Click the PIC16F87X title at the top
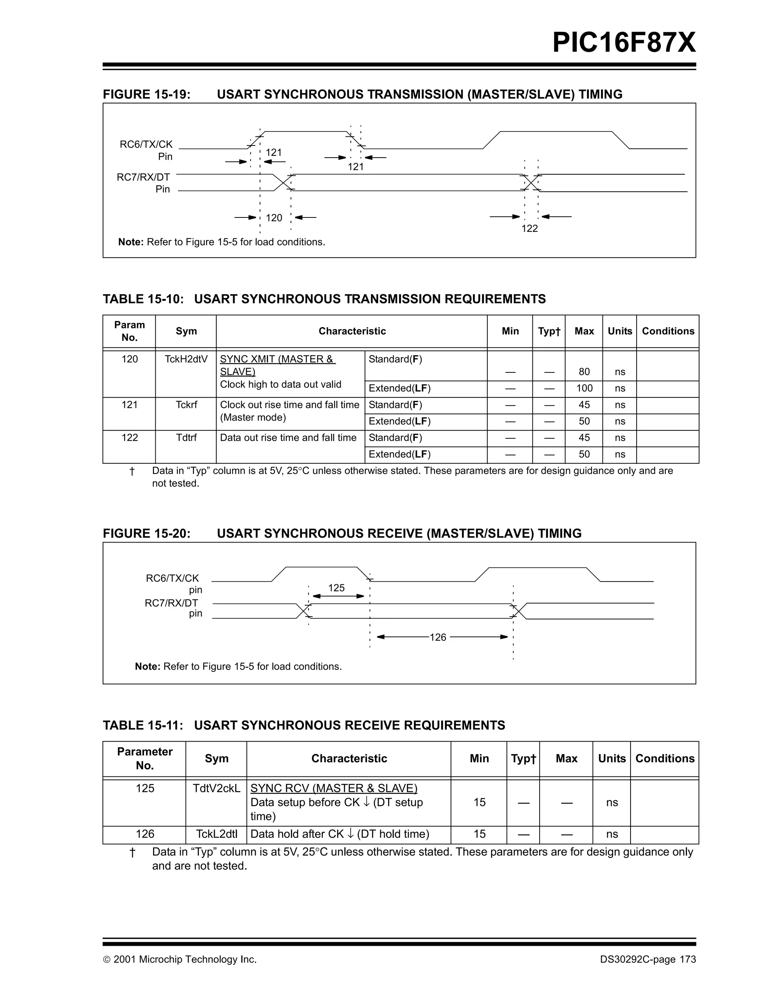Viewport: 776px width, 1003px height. click(624, 43)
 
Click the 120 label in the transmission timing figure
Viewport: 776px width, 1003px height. click(274, 217)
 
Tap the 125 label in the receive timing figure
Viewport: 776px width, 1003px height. click(336, 588)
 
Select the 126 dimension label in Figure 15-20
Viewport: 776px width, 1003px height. click(438, 637)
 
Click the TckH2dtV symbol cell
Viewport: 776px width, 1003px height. click(186, 359)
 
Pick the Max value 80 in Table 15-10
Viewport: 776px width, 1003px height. click(584, 372)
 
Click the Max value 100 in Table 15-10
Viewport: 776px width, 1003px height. click(584, 388)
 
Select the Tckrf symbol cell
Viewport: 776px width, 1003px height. click(186, 405)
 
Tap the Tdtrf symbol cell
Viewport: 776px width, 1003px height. click(186, 438)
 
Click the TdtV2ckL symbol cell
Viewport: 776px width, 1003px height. click(216, 789)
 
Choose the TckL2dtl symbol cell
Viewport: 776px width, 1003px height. click(216, 834)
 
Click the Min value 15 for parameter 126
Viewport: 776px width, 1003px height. click(479, 834)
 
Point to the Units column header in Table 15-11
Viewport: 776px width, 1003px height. click(612, 759)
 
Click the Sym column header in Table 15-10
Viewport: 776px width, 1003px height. click(186, 331)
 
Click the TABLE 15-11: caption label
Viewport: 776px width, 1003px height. click(143, 725)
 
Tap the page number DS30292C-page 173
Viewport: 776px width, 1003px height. click(648, 959)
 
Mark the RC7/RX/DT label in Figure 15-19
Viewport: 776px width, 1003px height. click(143, 177)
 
